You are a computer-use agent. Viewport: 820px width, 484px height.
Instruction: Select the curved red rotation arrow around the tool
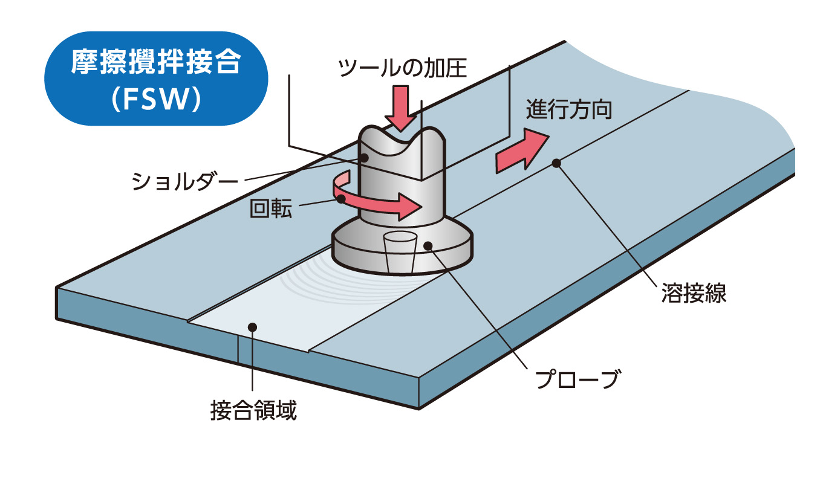[387, 205]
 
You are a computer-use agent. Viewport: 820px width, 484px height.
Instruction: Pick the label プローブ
[578, 379]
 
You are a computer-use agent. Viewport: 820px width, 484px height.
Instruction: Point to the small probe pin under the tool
[400, 253]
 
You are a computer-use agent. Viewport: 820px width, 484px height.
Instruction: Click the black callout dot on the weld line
[556, 163]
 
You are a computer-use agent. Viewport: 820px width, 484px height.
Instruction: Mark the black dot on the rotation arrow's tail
[342, 198]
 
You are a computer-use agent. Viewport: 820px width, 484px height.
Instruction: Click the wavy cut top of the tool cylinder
[403, 136]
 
